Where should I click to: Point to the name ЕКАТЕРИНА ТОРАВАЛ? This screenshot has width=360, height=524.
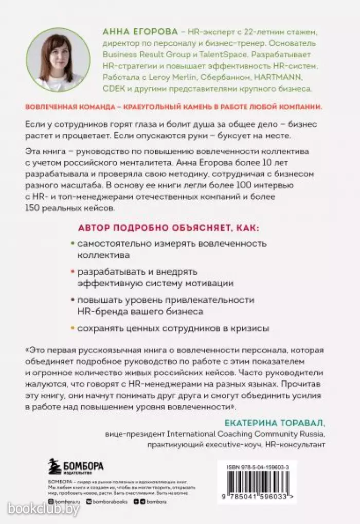275,423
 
